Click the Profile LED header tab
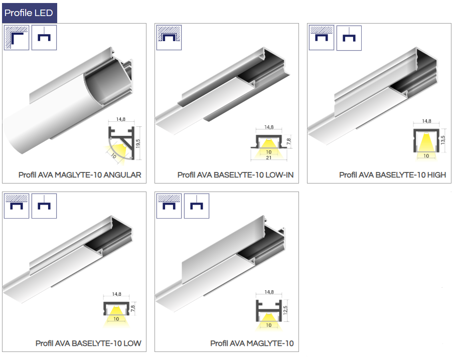coord(30,13)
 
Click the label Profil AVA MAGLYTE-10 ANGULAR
coord(80,175)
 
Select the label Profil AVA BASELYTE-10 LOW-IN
coord(235,175)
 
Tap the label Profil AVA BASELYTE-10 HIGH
coord(392,175)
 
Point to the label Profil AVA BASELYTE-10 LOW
coord(88,343)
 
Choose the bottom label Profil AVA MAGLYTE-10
coord(252,343)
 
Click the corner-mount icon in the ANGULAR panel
coord(17,38)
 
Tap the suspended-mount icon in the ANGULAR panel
coord(44,38)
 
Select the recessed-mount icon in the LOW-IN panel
coord(169,38)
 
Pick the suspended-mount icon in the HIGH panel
coord(349,38)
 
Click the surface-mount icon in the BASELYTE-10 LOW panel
coord(17,206)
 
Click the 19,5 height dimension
coord(138,143)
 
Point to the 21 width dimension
coord(269,157)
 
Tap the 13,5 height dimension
coord(443,140)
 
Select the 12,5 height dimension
coord(285,310)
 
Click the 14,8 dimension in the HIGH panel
coord(426,121)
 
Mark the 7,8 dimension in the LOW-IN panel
coord(288,141)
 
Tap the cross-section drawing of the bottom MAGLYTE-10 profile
coord(269,311)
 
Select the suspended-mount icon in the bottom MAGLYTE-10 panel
coord(197,206)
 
